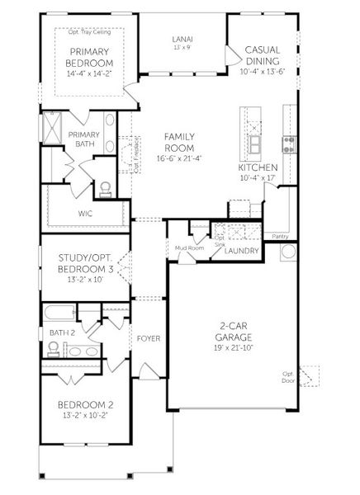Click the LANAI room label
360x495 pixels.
point(182,38)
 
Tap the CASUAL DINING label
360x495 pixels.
point(263,56)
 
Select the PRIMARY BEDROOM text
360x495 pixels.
point(89,57)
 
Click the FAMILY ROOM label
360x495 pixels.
point(179,141)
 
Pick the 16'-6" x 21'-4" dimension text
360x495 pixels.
point(179,158)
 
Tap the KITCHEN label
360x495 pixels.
point(258,167)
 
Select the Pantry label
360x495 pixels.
point(280,235)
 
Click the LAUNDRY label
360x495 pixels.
point(242,251)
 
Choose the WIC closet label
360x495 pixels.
point(85,213)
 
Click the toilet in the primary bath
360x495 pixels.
point(105,189)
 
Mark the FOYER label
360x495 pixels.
point(149,337)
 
